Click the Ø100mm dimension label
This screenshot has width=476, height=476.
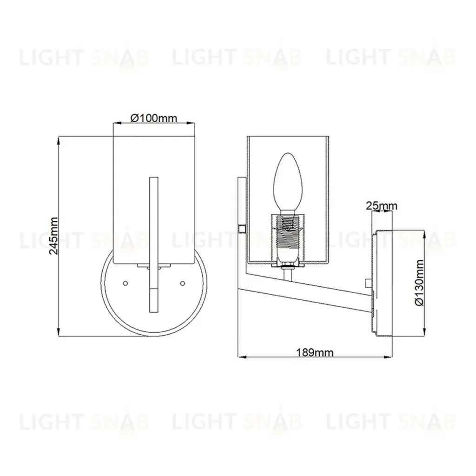(153, 118)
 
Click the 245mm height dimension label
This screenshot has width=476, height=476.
(54, 236)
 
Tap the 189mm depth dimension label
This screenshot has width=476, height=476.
(315, 353)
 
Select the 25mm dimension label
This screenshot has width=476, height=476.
(381, 206)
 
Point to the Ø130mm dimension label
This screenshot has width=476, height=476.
(420, 283)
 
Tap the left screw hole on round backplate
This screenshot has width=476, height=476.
(125, 283)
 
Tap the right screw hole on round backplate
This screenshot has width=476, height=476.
(182, 283)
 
